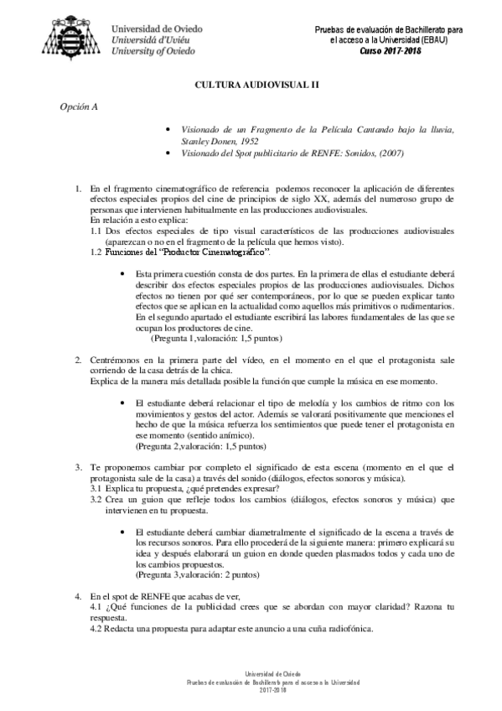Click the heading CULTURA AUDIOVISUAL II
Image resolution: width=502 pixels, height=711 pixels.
pos(251,86)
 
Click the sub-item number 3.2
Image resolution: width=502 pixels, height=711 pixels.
pos(96,499)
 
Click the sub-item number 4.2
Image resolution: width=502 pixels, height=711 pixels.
pos(96,629)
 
